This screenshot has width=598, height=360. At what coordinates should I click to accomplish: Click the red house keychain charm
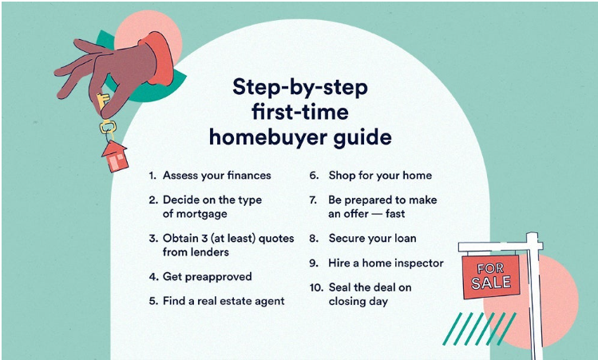pyautogui.click(x=115, y=156)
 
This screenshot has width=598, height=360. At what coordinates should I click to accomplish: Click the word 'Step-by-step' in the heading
pyautogui.click(x=300, y=87)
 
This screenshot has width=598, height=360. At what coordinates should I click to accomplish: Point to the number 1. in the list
pyautogui.click(x=152, y=176)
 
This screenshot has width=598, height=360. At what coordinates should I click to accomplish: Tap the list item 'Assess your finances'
pyautogui.click(x=216, y=176)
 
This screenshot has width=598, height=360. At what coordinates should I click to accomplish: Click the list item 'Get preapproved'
pyautogui.click(x=207, y=277)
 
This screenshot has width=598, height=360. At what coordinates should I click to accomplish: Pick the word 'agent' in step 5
pyautogui.click(x=270, y=301)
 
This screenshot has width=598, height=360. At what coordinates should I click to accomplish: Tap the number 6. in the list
pyautogui.click(x=314, y=176)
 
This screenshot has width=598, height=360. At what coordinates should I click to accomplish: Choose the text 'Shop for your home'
pyautogui.click(x=380, y=176)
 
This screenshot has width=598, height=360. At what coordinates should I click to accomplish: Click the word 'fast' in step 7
pyautogui.click(x=395, y=214)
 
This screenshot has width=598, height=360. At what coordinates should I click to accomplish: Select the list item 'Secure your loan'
pyautogui.click(x=372, y=239)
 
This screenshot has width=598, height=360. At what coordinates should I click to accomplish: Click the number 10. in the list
pyautogui.click(x=316, y=287)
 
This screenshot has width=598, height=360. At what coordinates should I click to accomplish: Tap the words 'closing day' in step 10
pyautogui.click(x=358, y=301)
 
